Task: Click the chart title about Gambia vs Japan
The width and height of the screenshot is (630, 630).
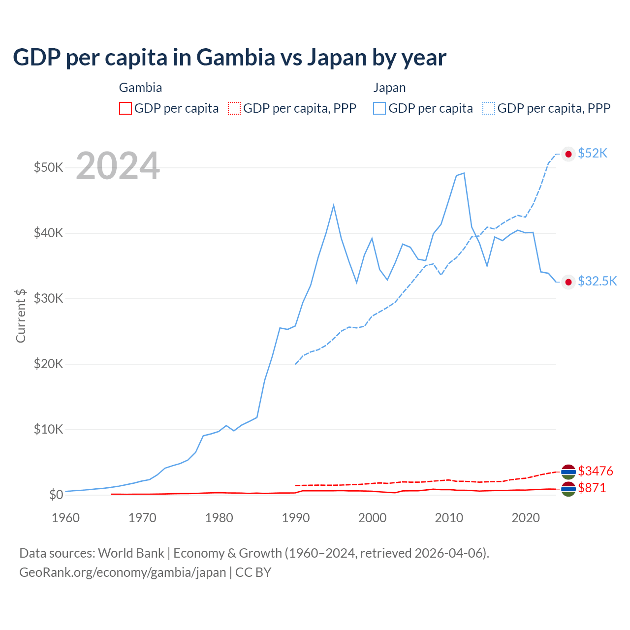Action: (229, 58)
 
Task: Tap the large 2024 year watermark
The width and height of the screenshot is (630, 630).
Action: (118, 166)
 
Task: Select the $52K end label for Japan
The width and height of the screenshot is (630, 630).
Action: (593, 154)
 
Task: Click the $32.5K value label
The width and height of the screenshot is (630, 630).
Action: (597, 281)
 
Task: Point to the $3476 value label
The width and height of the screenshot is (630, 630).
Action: (596, 471)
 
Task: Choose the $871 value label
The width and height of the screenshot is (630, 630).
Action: (592, 488)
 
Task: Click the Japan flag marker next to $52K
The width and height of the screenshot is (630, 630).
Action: (568, 154)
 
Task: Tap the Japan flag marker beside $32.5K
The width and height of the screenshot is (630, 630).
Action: (568, 282)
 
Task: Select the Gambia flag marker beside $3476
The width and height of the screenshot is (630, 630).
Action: (568, 472)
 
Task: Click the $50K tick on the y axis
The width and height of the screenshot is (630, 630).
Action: (48, 167)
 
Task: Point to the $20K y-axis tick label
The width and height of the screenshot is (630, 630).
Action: (48, 364)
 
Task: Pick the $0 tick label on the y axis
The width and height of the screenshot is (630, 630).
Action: (56, 495)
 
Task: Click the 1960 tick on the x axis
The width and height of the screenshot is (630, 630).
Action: (65, 518)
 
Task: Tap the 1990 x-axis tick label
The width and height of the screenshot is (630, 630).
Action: (296, 518)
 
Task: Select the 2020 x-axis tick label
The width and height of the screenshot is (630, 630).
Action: (526, 518)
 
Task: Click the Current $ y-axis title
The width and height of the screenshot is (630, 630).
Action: (21, 315)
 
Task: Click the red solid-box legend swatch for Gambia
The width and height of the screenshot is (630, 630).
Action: (126, 108)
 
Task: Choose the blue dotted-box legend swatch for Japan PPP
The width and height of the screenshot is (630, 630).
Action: (489, 108)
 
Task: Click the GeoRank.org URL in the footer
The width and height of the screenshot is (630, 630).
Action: (123, 572)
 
